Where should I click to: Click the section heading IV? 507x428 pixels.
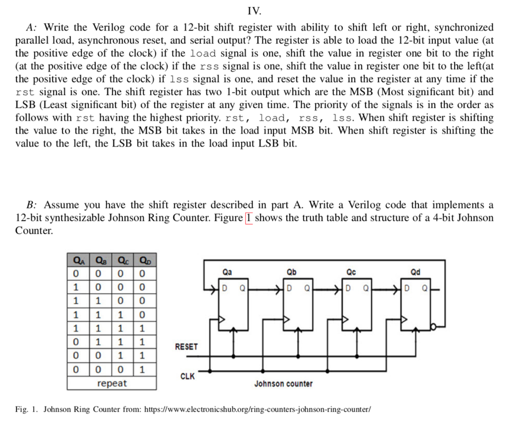click(253, 10)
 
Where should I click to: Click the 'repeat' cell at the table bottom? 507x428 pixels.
click(112, 384)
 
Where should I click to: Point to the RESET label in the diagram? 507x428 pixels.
click(186, 347)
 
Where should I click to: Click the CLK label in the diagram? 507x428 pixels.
click(187, 377)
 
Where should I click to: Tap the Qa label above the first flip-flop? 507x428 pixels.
click(227, 272)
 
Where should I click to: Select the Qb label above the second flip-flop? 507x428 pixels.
click(292, 272)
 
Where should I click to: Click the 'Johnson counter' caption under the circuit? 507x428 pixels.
click(283, 384)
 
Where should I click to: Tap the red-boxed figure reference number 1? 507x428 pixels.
click(249, 218)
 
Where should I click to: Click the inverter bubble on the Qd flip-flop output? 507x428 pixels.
click(433, 327)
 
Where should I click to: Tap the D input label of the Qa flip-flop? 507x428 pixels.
click(224, 287)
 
